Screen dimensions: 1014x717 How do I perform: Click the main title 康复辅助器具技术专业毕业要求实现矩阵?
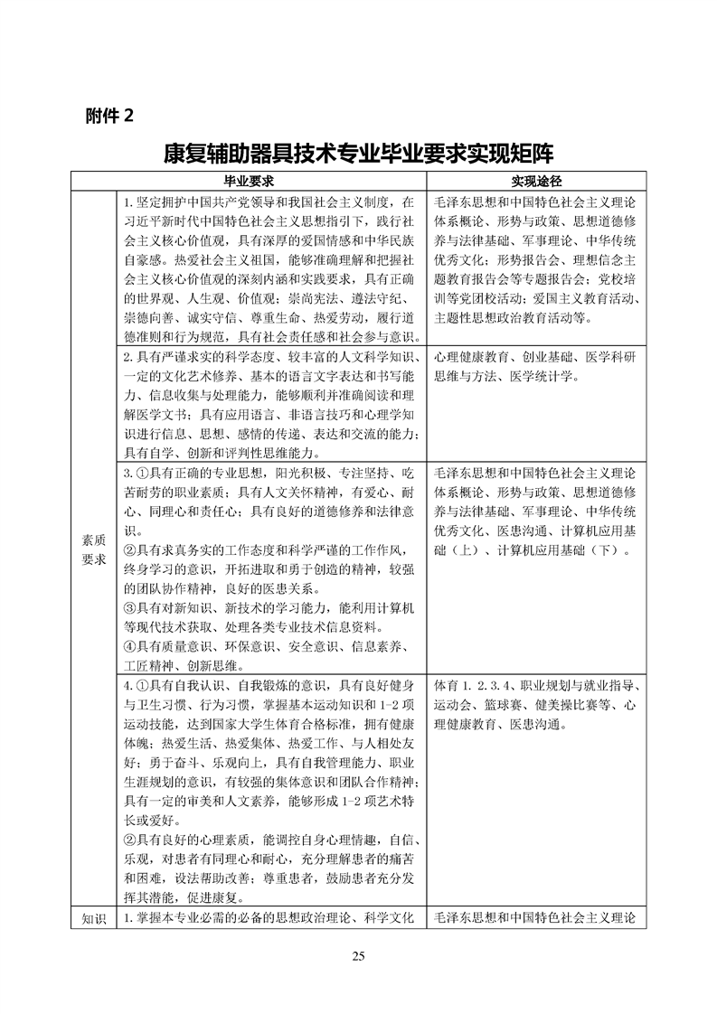pos(358,151)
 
